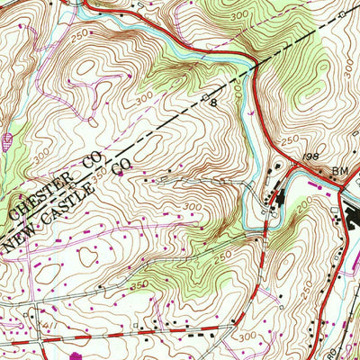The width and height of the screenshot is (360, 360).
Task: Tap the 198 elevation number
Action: [x=312, y=157]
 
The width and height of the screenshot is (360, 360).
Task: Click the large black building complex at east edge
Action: [x=350, y=219]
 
